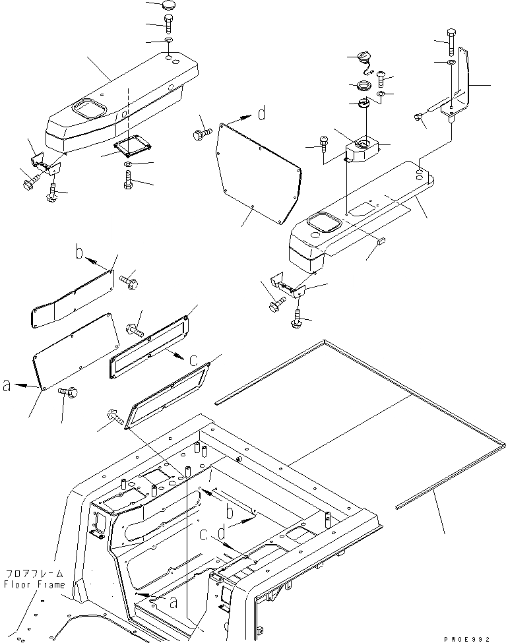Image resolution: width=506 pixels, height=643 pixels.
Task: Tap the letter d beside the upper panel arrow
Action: pyautogui.click(x=262, y=115)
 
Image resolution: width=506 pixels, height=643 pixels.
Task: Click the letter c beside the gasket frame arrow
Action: pyautogui.click(x=192, y=360)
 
